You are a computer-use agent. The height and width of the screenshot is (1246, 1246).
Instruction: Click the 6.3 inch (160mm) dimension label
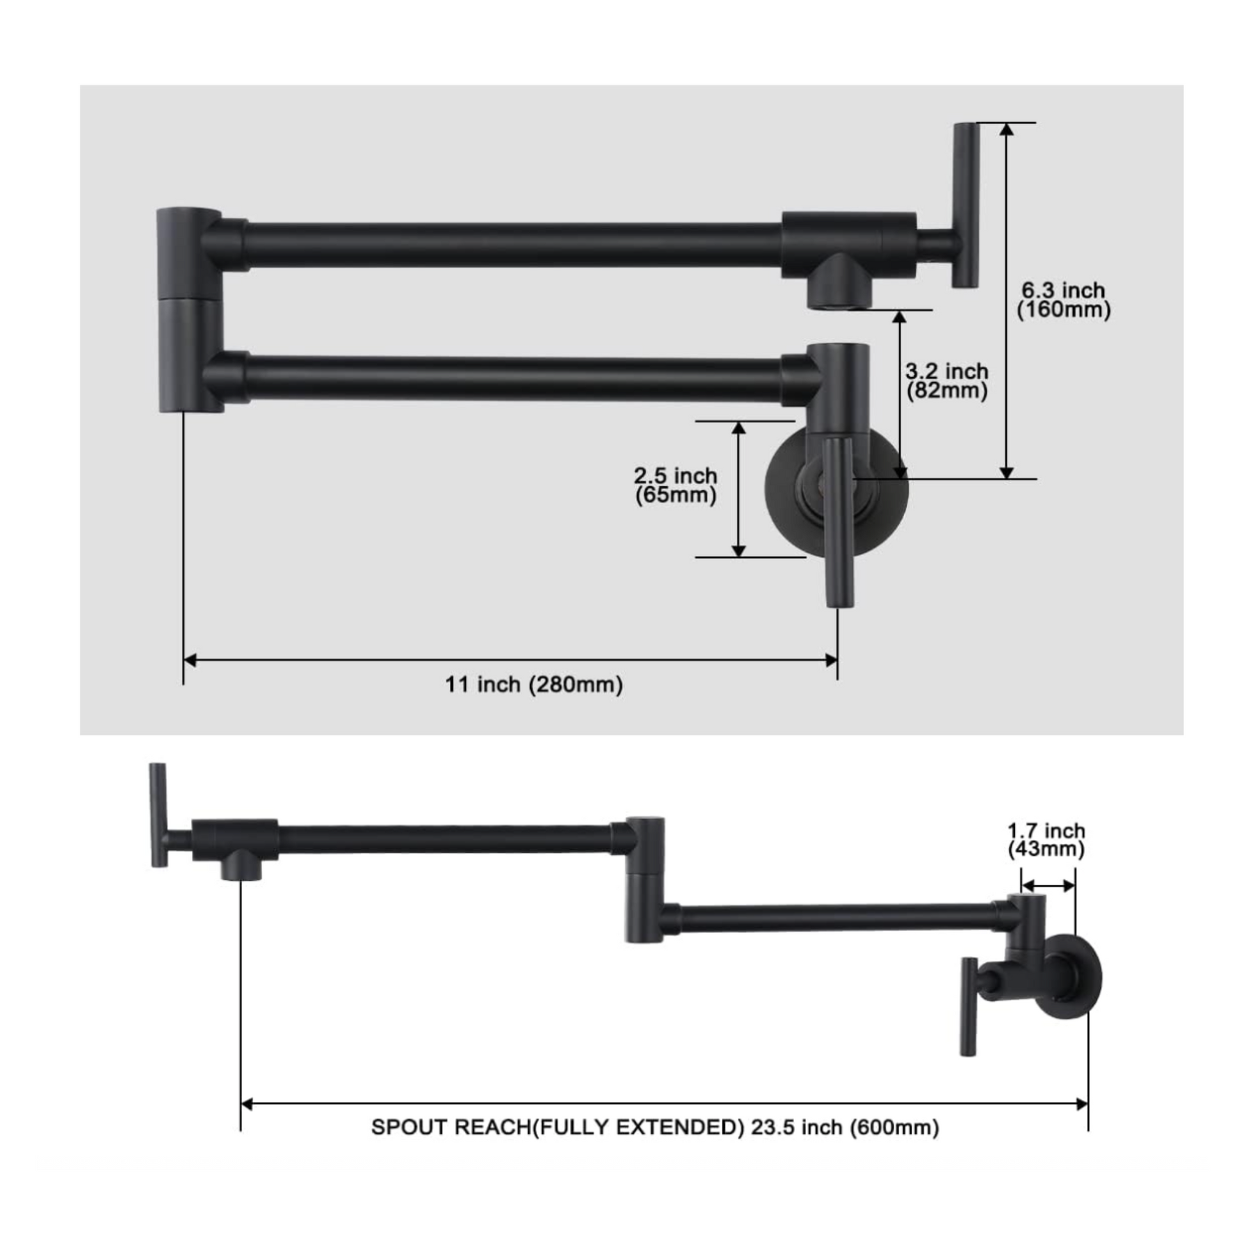click(x=1064, y=300)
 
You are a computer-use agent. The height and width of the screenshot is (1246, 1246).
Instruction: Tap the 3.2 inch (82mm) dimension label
click(x=947, y=380)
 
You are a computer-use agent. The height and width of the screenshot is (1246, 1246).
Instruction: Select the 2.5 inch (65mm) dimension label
click(x=676, y=485)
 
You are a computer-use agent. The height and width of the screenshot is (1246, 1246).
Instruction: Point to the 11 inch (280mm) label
click(x=534, y=684)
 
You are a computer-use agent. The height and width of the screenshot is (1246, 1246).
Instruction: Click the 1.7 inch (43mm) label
click(x=1046, y=839)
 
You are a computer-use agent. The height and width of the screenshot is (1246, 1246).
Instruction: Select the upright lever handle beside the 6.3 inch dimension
click(x=966, y=204)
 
